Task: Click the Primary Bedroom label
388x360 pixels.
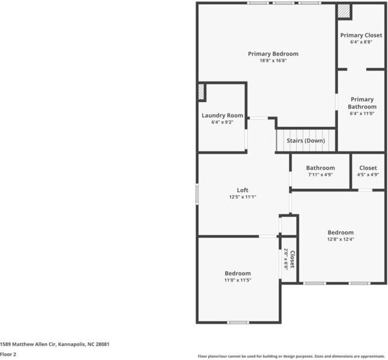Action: (x=273, y=54)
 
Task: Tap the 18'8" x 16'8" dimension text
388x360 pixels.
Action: (x=273, y=61)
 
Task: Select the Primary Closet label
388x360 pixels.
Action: (x=361, y=35)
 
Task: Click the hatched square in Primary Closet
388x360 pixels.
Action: (x=344, y=11)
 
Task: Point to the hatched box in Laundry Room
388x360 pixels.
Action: (x=202, y=91)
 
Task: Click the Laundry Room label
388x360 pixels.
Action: (x=222, y=115)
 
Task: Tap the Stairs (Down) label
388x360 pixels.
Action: (x=305, y=140)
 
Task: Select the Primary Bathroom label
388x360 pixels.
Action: (x=361, y=103)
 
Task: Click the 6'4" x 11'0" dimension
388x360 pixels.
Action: (x=361, y=114)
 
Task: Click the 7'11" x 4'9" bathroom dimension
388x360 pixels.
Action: (x=320, y=175)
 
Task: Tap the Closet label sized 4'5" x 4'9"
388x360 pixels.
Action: (x=367, y=168)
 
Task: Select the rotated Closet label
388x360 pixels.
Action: (x=292, y=260)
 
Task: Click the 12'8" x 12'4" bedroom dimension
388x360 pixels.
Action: (x=340, y=239)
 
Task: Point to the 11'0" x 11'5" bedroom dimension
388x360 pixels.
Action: (x=238, y=280)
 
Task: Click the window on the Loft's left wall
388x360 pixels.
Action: (x=197, y=195)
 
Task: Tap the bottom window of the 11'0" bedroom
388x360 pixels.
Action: (x=238, y=323)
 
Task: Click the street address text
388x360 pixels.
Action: (x=54, y=344)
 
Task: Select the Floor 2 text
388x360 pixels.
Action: (x=8, y=355)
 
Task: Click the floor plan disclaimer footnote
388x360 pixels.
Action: (x=292, y=356)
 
